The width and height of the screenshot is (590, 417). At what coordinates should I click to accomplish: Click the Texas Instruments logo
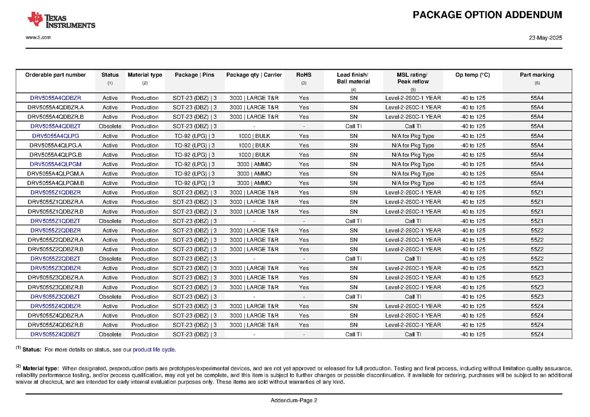click(61, 20)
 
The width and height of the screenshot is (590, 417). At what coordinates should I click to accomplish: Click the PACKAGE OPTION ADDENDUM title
click(487, 15)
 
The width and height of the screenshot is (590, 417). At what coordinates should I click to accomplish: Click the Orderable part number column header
click(56, 75)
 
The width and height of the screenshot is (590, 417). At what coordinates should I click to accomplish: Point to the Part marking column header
click(537, 75)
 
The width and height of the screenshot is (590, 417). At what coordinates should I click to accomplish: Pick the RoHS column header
click(304, 75)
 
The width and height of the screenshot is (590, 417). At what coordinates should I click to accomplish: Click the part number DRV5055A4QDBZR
click(56, 98)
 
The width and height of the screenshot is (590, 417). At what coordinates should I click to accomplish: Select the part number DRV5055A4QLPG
click(56, 136)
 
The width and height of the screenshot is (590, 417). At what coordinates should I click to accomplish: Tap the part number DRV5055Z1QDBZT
click(56, 221)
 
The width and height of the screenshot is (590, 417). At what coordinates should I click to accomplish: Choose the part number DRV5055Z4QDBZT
click(56, 334)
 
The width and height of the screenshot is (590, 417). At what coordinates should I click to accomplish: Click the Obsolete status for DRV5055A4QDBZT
click(110, 126)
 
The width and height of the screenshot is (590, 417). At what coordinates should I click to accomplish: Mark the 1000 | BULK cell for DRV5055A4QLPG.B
click(254, 155)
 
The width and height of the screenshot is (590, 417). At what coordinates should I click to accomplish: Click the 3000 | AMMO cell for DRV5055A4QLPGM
click(254, 164)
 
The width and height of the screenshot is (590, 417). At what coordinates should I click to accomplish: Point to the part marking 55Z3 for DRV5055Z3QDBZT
click(537, 297)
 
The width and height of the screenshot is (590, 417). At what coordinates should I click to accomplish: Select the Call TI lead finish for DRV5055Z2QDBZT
click(354, 259)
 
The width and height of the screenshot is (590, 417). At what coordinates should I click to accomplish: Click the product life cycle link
click(153, 350)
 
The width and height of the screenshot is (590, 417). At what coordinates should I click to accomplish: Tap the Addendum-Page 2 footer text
click(294, 400)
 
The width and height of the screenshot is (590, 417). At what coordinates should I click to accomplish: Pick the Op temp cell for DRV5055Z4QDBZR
click(472, 306)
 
